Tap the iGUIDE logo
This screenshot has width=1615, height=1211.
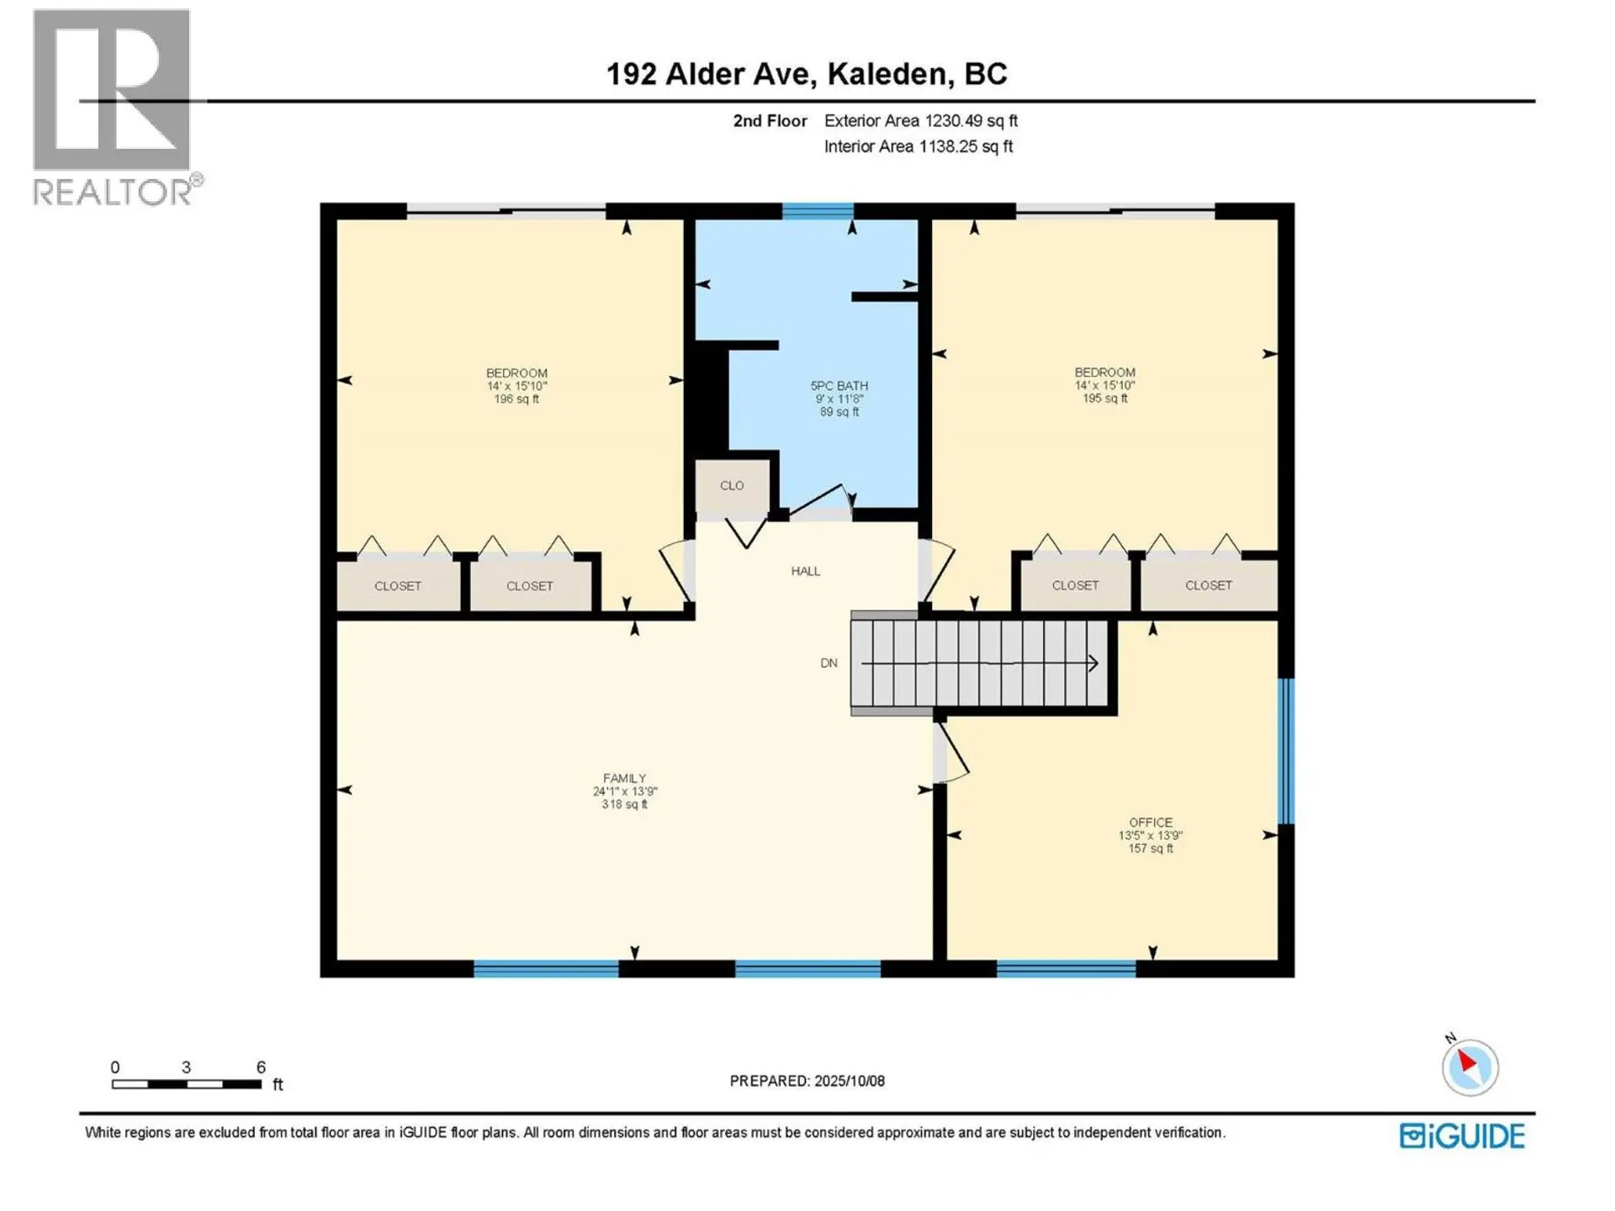tap(1461, 1136)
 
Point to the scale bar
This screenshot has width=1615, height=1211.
tap(187, 1083)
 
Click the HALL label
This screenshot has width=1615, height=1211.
tap(805, 571)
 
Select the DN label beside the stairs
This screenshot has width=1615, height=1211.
tap(829, 663)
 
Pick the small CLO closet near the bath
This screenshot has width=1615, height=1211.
tap(732, 485)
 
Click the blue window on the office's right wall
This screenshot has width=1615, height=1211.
tap(1285, 750)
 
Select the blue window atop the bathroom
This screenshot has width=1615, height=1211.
tap(818, 210)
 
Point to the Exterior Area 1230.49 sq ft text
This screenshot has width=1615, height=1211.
tap(920, 120)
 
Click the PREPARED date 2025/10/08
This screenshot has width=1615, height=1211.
tap(807, 1081)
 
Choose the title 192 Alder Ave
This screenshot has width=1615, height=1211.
tap(806, 74)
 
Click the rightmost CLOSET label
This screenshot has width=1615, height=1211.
tap(1208, 584)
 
